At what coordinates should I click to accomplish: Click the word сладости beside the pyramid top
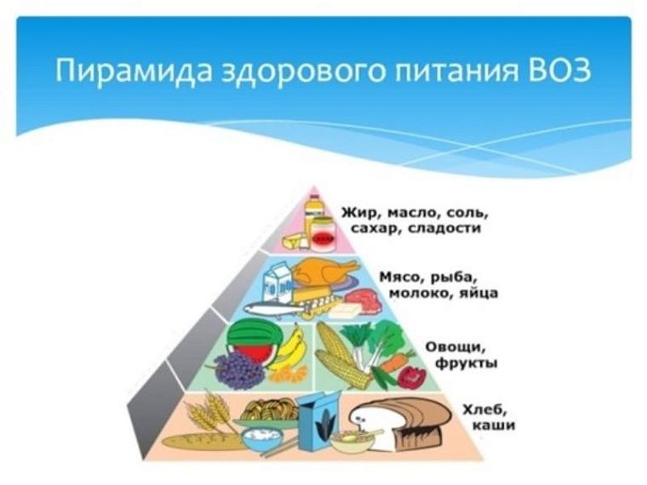coord(444,228)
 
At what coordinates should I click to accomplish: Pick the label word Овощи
coord(455,347)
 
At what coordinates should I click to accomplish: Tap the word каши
coord(494,425)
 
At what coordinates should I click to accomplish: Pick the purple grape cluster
coord(238,368)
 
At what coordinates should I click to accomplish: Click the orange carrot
coord(397,361)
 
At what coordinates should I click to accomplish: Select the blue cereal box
coord(320,420)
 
